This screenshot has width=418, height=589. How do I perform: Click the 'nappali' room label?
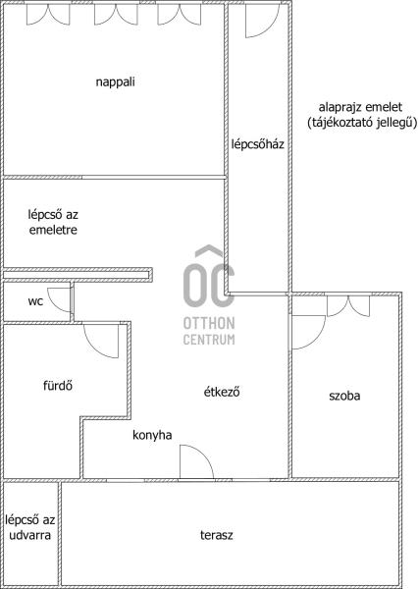pos(116,82)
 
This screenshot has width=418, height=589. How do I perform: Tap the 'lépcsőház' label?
pos(258,144)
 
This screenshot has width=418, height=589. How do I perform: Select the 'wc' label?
pos(35,301)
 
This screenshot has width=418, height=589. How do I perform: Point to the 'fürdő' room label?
pos(58,386)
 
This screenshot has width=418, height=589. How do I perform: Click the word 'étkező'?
pos(222,392)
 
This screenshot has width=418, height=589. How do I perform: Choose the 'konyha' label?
pos(152,435)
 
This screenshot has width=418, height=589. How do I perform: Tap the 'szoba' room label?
pos(344,396)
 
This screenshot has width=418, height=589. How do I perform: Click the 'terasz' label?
pos(216,535)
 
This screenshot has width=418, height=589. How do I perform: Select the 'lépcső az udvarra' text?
pos(30,527)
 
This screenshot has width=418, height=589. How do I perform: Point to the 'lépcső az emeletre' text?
pos(53,223)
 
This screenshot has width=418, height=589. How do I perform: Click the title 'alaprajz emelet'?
pos(360,107)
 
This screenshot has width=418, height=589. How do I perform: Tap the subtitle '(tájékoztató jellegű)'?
pos(362,123)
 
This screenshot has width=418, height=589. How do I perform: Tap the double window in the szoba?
pos(348,306)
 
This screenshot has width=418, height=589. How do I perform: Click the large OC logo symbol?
pos(209,277)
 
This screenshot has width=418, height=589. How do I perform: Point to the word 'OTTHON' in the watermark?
pos(209,323)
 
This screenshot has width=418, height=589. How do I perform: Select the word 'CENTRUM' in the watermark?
pos(209,340)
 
